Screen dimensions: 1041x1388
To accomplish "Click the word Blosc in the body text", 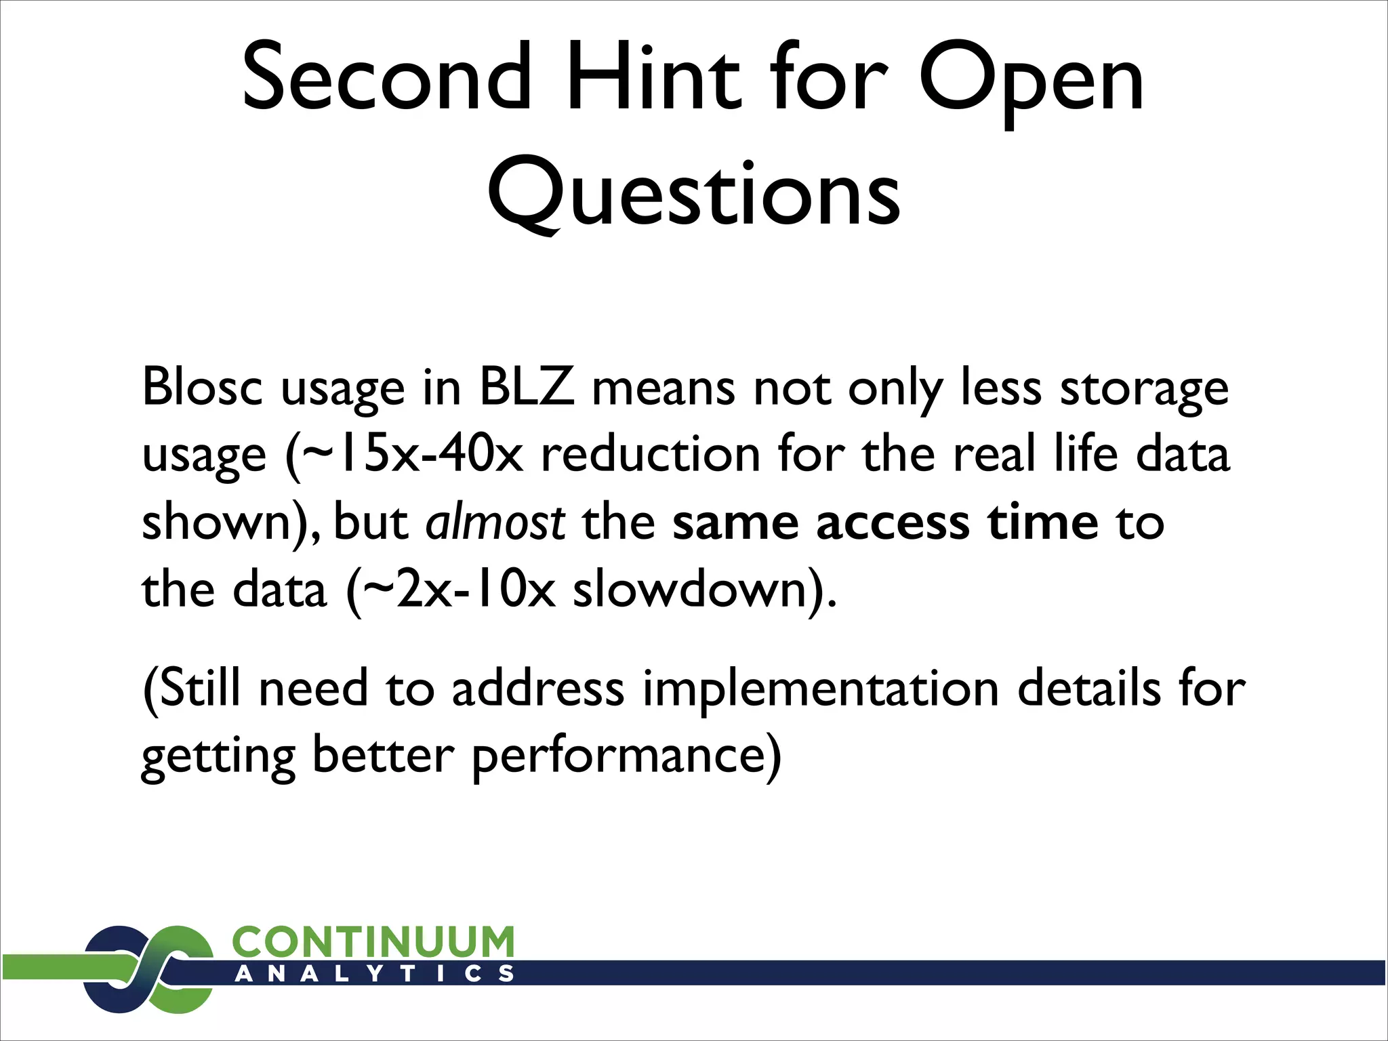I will [202, 387].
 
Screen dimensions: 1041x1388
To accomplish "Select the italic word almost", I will [495, 523].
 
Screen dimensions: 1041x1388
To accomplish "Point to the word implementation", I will [821, 689].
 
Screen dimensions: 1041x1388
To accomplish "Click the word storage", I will [1144, 387].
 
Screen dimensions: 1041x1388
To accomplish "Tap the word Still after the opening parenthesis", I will [200, 689].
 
